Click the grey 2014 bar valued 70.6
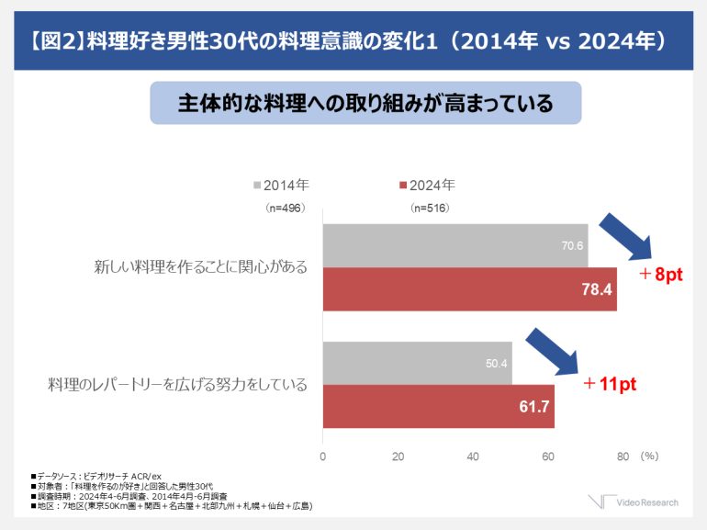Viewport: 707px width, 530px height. click(454, 245)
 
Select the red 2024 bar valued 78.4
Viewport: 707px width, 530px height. click(469, 289)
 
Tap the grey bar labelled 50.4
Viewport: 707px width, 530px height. click(417, 363)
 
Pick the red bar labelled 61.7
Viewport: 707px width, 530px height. click(438, 406)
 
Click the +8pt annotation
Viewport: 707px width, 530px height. click(660, 275)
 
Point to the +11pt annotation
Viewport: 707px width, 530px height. click(610, 384)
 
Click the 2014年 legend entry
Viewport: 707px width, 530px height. click(280, 185)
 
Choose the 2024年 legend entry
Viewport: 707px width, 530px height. click(426, 185)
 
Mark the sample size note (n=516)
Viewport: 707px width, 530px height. click(430, 208)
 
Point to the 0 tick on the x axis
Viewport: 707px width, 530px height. click(322, 456)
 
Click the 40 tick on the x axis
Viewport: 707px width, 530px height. click(473, 456)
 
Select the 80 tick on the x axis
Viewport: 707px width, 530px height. click(623, 456)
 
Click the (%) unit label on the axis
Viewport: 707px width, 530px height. click(650, 456)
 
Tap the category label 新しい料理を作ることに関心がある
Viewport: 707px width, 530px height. click(200, 267)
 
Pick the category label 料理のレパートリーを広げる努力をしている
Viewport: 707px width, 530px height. click(177, 384)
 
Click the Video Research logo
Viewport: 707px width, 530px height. click(634, 502)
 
